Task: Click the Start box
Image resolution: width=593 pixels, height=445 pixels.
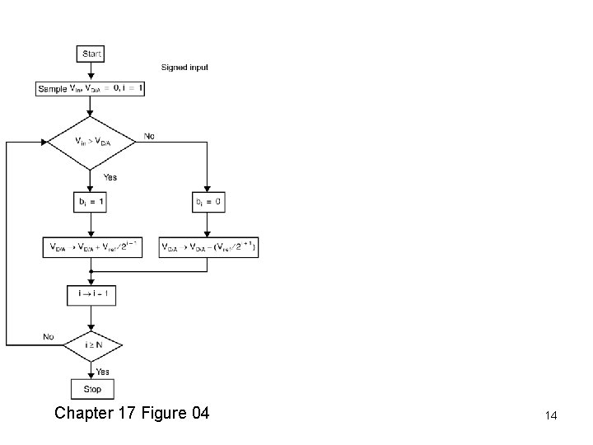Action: click(91, 54)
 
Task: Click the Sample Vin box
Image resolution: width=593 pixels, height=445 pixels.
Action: click(91, 88)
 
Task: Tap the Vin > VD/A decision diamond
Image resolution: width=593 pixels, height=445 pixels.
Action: click(91, 142)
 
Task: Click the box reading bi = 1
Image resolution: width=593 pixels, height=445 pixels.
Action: click(91, 202)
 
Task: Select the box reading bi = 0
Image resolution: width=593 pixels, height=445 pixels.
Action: click(207, 202)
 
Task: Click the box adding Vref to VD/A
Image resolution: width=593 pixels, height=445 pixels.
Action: click(91, 246)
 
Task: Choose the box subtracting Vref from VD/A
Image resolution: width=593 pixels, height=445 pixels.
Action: click(208, 246)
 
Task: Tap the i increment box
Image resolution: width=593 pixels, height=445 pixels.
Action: click(91, 294)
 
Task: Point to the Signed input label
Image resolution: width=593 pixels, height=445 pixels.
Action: click(184, 67)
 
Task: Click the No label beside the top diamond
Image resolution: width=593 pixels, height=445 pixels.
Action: click(149, 135)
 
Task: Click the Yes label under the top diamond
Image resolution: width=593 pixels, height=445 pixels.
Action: click(110, 176)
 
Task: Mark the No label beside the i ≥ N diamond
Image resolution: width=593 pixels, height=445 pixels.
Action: click(49, 337)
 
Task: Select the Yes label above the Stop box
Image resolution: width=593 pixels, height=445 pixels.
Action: click(102, 372)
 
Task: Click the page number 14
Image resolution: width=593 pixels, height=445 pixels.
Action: click(551, 417)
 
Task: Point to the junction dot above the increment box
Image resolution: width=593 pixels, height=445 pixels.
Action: click(91, 270)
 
